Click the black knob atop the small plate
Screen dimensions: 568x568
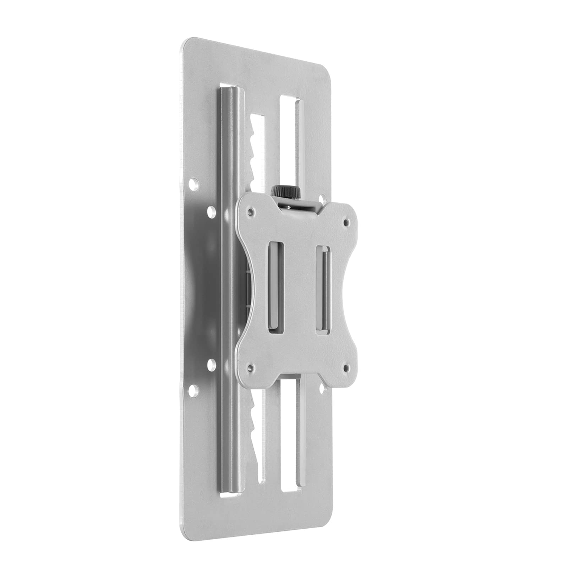(286, 192)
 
